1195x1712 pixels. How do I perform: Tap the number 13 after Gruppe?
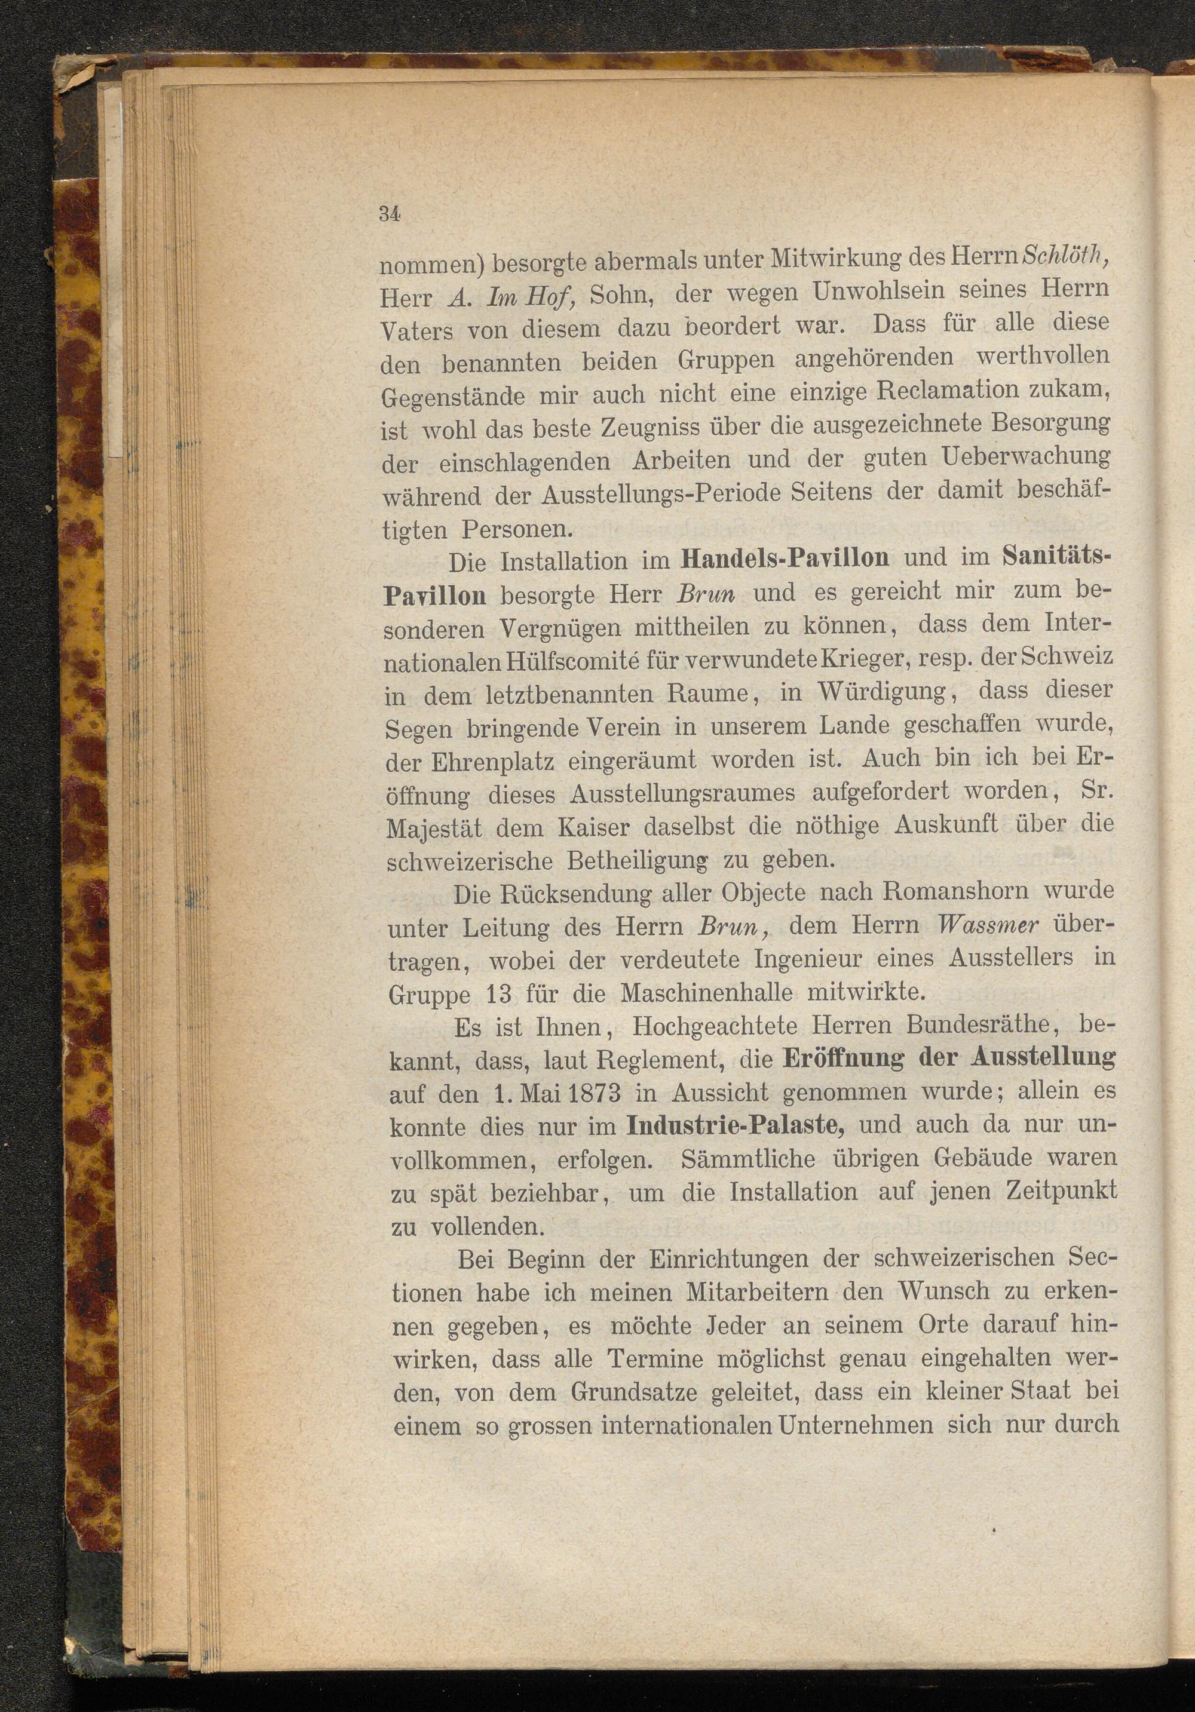pyautogui.click(x=498, y=994)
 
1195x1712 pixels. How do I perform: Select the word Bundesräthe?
pyautogui.click(x=969, y=1027)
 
